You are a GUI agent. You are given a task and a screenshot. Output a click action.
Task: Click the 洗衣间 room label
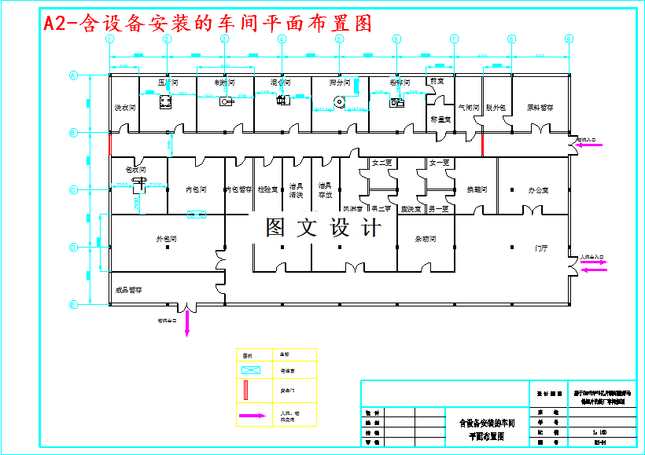[124, 107]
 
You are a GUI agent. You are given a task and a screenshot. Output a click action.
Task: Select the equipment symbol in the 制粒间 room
[226, 102]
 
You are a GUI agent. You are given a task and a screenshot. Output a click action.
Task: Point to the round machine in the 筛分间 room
[340, 101]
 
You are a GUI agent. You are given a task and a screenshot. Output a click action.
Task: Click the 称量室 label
[440, 119]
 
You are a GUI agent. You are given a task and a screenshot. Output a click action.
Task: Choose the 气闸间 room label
[469, 107]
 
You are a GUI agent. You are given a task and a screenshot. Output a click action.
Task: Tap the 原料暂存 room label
[540, 107]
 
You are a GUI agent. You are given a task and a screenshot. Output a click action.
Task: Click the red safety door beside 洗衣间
[109, 145]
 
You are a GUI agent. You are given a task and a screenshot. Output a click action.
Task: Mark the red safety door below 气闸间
[482, 145]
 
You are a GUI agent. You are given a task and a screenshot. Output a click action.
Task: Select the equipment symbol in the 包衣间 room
[139, 184]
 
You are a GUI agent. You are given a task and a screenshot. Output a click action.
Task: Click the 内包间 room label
[196, 190]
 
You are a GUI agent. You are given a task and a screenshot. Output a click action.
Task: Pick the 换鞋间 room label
[477, 190]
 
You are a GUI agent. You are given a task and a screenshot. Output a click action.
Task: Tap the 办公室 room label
[538, 190]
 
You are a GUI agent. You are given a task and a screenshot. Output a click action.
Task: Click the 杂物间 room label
[426, 239]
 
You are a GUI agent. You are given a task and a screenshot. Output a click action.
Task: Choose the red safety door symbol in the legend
[248, 389]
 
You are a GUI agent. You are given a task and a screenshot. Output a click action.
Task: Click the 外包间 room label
[166, 239]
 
